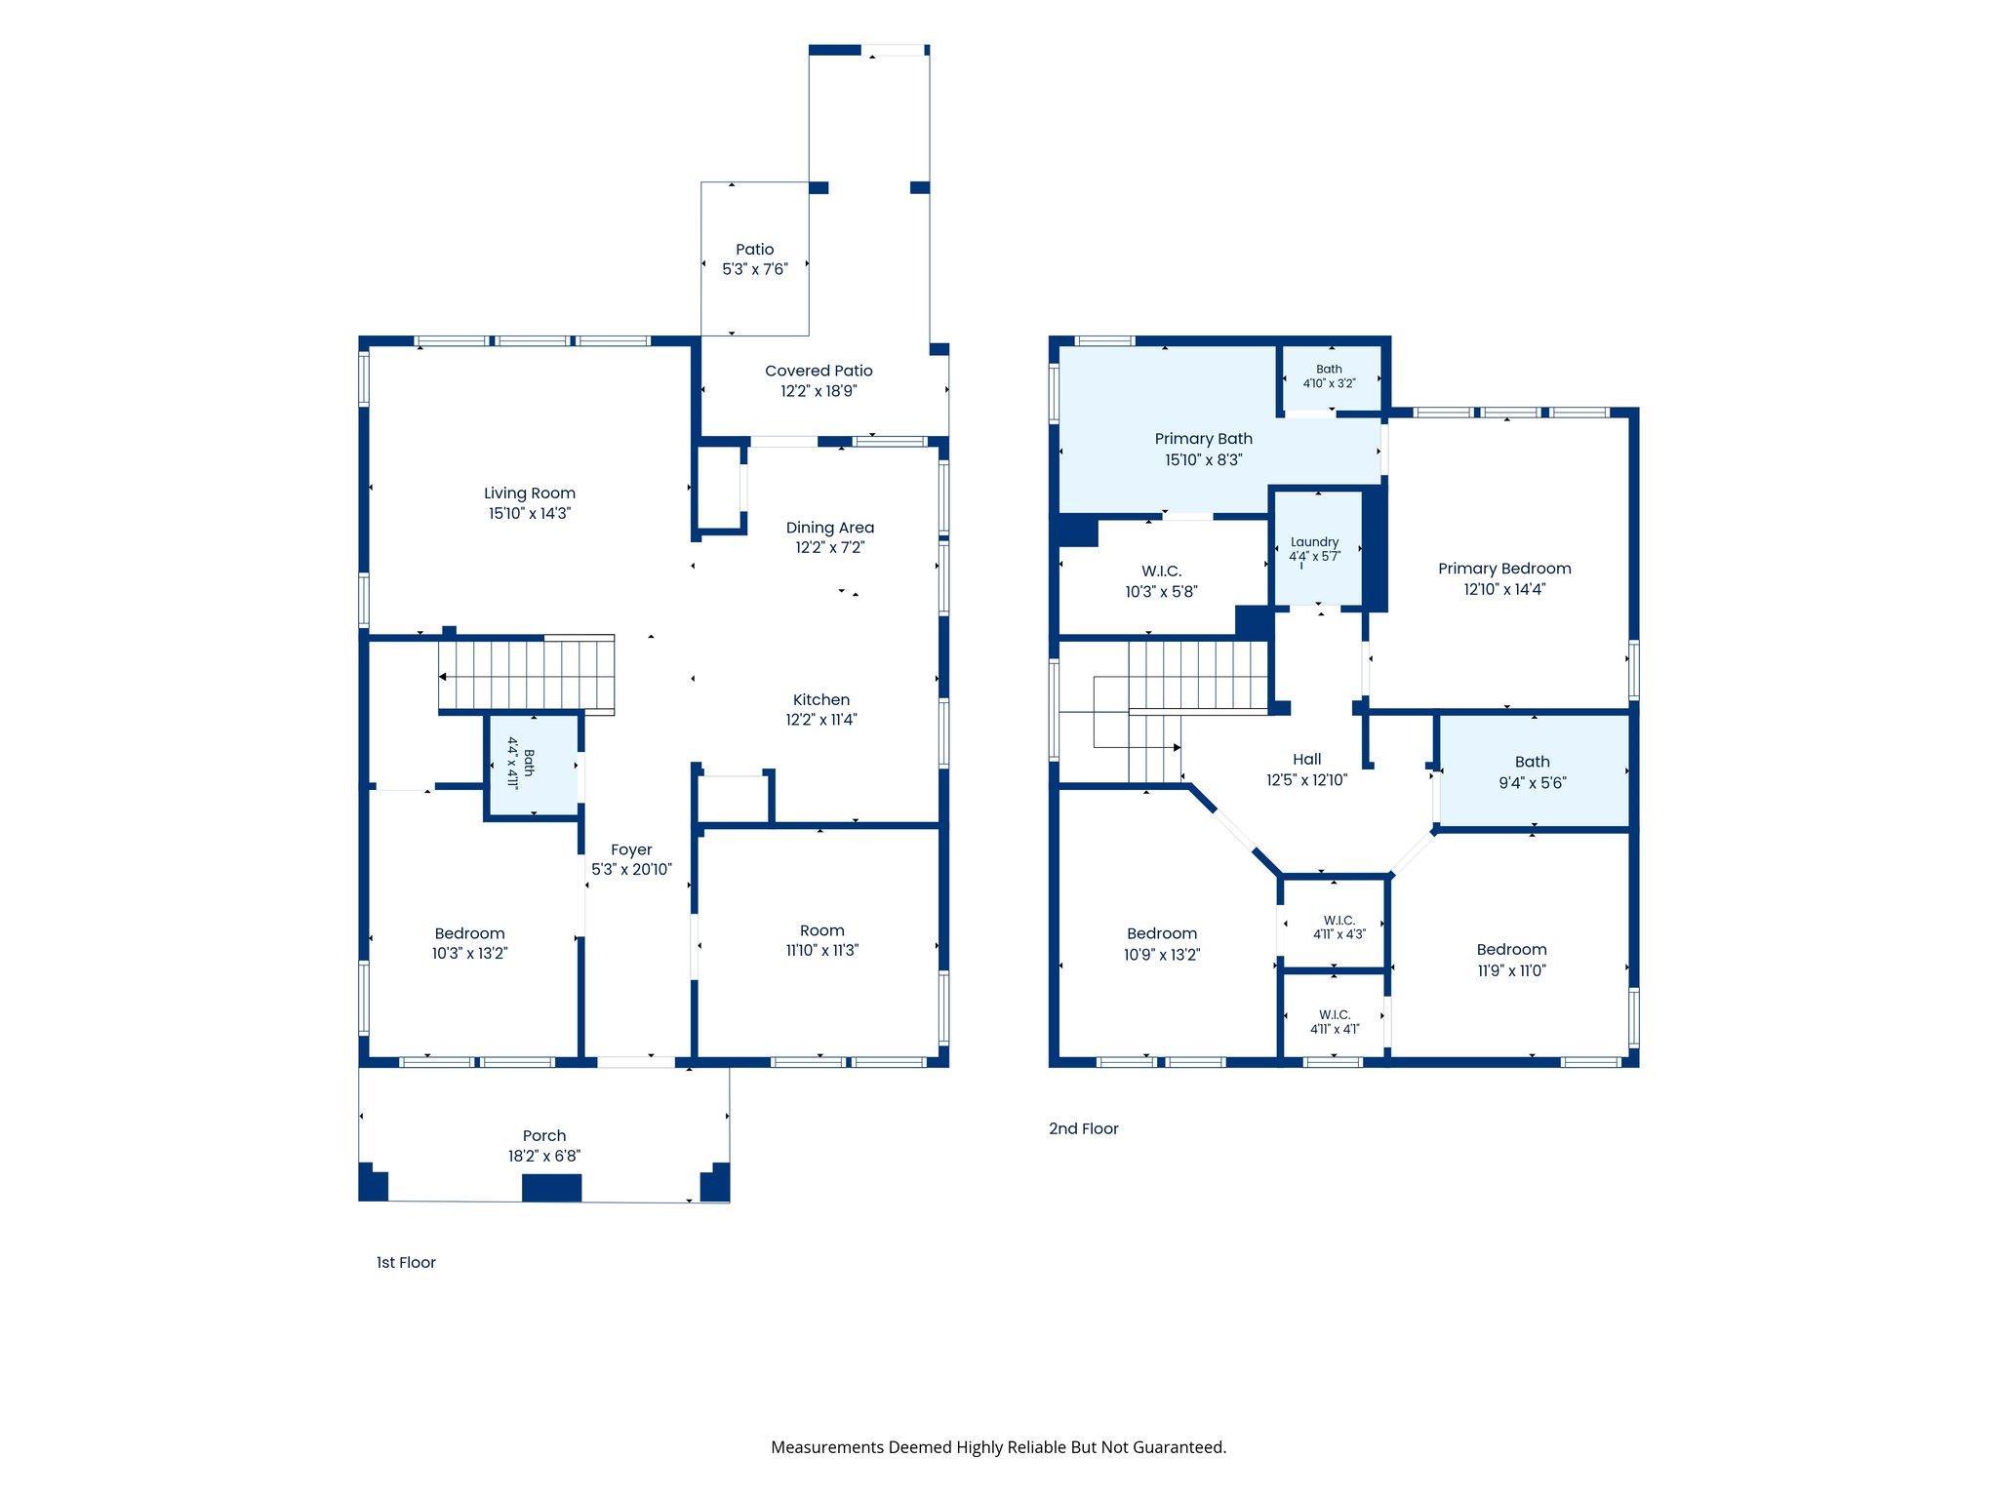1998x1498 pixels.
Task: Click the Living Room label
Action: [530, 493]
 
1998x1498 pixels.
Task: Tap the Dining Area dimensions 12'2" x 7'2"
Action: [830, 548]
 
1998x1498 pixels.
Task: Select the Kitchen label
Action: [821, 700]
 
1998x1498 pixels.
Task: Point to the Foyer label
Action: [631, 850]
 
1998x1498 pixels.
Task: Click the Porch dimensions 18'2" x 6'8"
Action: [544, 1157]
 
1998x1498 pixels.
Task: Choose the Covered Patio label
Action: [819, 371]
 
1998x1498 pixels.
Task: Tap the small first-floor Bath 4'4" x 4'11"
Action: [534, 766]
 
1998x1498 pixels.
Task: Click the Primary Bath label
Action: [1204, 439]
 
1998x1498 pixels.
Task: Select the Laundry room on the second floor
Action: [1316, 549]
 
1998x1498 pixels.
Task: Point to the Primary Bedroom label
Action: [1504, 569]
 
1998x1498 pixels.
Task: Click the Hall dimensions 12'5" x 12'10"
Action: [1307, 780]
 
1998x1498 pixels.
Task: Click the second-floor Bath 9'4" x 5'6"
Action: [1534, 771]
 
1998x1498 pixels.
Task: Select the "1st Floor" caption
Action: [406, 1263]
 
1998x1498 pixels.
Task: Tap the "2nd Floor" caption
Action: [1084, 1129]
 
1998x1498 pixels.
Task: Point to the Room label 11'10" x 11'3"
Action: [822, 931]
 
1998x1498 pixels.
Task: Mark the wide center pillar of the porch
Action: [552, 1188]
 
